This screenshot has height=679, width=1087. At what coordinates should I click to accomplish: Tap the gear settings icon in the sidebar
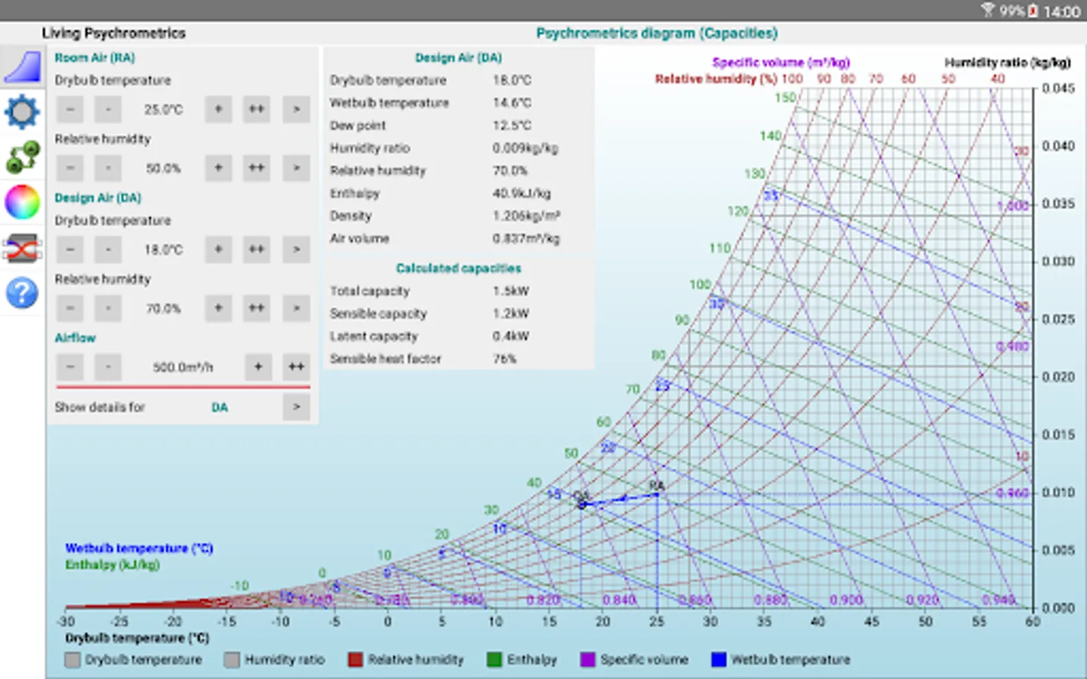click(22, 112)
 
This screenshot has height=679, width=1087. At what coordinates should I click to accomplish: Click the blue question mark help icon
click(22, 292)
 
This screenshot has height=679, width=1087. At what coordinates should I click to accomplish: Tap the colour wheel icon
click(22, 202)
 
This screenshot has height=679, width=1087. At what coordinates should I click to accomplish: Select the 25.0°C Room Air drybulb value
click(163, 109)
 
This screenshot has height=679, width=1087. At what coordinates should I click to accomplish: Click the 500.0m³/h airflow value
click(183, 367)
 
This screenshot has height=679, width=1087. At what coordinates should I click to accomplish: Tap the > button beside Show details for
click(296, 407)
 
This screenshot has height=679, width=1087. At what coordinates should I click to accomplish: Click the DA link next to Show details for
click(219, 407)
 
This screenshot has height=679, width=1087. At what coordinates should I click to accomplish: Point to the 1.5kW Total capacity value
click(511, 291)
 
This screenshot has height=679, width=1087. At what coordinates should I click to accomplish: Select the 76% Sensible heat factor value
click(504, 359)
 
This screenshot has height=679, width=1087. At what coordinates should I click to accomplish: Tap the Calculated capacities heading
click(458, 269)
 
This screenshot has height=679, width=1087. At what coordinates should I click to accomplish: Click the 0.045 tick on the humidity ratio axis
click(1058, 88)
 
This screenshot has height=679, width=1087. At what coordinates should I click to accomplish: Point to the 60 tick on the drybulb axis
click(1033, 622)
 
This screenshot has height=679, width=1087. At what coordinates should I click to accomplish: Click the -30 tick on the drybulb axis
click(66, 622)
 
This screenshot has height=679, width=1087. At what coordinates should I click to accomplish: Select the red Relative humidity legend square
click(356, 659)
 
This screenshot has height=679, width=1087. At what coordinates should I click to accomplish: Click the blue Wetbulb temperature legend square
click(719, 659)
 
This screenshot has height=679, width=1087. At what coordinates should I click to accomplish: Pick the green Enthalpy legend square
click(494, 659)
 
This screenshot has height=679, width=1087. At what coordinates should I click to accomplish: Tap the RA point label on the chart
click(657, 485)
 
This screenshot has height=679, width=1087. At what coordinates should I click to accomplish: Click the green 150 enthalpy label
click(785, 97)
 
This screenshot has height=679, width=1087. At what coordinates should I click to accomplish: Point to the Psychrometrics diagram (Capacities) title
click(657, 33)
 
